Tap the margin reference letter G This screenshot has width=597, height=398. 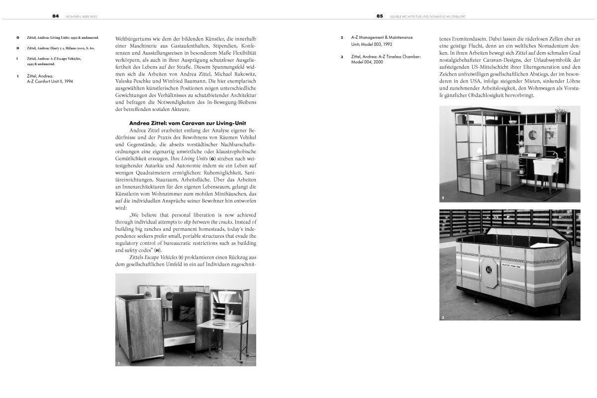pos(18,38)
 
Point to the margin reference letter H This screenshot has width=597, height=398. pos(18,48)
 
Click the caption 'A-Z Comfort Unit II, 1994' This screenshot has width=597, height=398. pos(50,81)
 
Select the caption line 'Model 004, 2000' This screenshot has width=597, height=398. pos(369,62)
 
